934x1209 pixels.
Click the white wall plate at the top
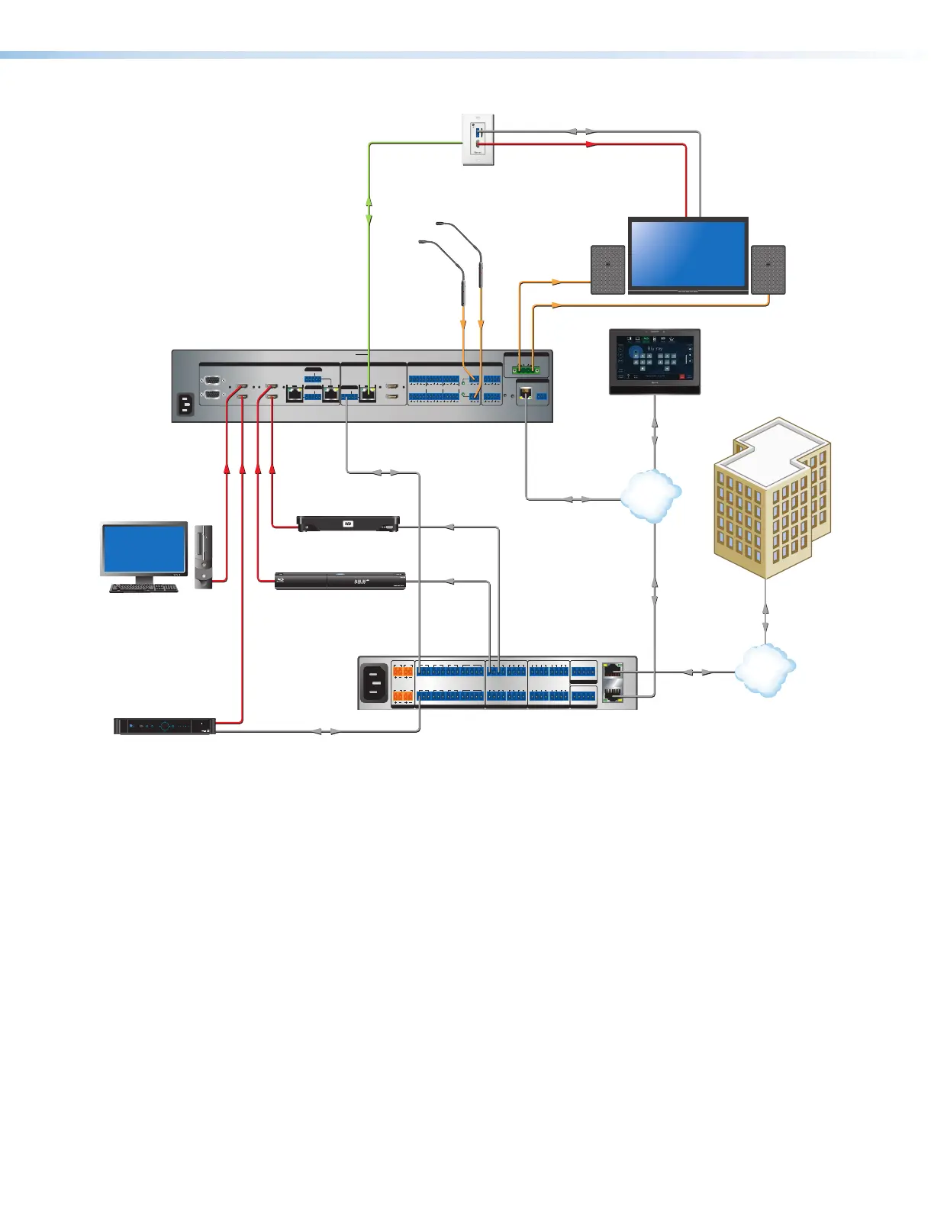478,139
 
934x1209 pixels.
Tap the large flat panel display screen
688,253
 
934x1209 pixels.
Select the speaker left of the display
607,269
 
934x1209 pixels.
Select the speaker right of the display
768,269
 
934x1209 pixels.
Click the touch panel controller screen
654,359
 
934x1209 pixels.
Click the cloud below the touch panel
650,495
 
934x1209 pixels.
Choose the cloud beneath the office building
765,669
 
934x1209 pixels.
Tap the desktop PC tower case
203,556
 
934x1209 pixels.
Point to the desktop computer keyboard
143,588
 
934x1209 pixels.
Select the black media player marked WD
348,524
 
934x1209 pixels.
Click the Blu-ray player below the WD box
340,581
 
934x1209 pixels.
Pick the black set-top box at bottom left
165,726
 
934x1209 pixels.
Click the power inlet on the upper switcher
185,404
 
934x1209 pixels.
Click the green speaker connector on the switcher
526,370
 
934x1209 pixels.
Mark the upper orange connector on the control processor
403,672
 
